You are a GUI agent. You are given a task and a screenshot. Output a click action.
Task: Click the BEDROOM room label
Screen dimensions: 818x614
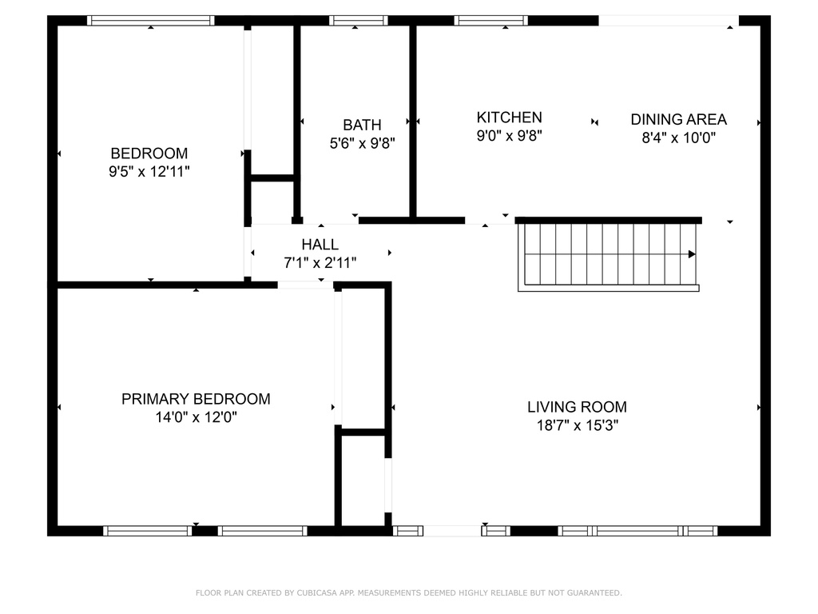point(149,153)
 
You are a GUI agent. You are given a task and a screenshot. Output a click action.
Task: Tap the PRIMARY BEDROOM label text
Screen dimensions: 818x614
point(196,399)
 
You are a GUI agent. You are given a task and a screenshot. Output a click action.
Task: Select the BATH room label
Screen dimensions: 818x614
point(362,126)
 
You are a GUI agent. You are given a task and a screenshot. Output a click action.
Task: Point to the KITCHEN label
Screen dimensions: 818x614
point(509,118)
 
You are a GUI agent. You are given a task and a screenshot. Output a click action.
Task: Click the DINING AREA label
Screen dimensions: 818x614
point(678,120)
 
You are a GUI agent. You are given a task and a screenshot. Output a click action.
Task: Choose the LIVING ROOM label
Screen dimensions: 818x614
point(577,407)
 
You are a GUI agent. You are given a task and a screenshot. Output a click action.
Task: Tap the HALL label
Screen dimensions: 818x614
point(320,245)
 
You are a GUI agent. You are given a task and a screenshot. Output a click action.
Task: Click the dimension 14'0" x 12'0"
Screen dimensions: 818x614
point(197,417)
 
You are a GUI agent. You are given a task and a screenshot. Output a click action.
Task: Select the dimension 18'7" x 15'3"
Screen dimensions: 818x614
point(578,425)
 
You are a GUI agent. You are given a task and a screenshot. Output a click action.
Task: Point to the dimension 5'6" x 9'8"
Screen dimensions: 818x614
point(362,143)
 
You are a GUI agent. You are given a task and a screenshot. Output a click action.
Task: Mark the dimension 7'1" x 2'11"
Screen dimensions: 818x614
point(320,262)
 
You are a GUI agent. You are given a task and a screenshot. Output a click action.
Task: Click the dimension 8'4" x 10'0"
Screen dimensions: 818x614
point(678,138)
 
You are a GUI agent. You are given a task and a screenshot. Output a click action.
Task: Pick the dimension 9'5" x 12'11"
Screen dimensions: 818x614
point(149,171)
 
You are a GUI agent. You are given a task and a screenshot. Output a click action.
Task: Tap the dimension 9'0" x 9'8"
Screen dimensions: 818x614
point(509,136)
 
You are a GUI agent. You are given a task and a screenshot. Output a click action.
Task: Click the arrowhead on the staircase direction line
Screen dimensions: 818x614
point(692,254)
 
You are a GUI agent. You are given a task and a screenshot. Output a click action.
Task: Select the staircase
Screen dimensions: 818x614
point(608,255)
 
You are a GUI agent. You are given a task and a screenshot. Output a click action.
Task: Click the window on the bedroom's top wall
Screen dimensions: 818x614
point(150,20)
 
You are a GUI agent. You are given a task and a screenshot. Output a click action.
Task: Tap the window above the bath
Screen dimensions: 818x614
point(359,20)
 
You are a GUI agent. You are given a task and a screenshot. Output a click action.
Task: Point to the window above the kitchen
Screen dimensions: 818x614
point(491,20)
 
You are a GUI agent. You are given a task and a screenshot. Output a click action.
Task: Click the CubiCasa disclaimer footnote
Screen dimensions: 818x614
point(408,592)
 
